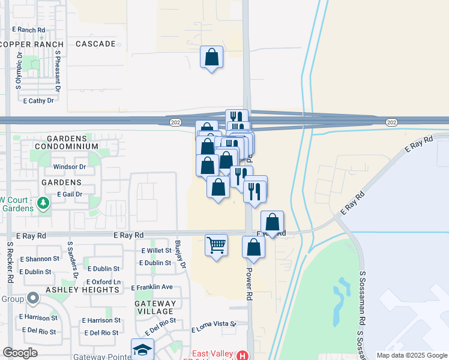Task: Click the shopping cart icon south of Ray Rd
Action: click(x=216, y=244)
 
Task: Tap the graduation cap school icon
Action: click(x=143, y=349)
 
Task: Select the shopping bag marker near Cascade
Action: click(x=211, y=57)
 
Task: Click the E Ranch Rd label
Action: click(x=29, y=29)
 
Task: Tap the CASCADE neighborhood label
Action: click(x=95, y=44)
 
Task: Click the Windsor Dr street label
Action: click(x=70, y=166)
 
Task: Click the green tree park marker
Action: click(x=43, y=203)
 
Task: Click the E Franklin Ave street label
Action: click(x=152, y=287)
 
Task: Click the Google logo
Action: click(x=20, y=353)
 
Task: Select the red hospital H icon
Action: click(x=242, y=355)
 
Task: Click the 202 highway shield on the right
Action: click(x=391, y=122)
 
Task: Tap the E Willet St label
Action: click(x=156, y=251)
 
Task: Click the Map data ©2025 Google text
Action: click(x=411, y=355)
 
